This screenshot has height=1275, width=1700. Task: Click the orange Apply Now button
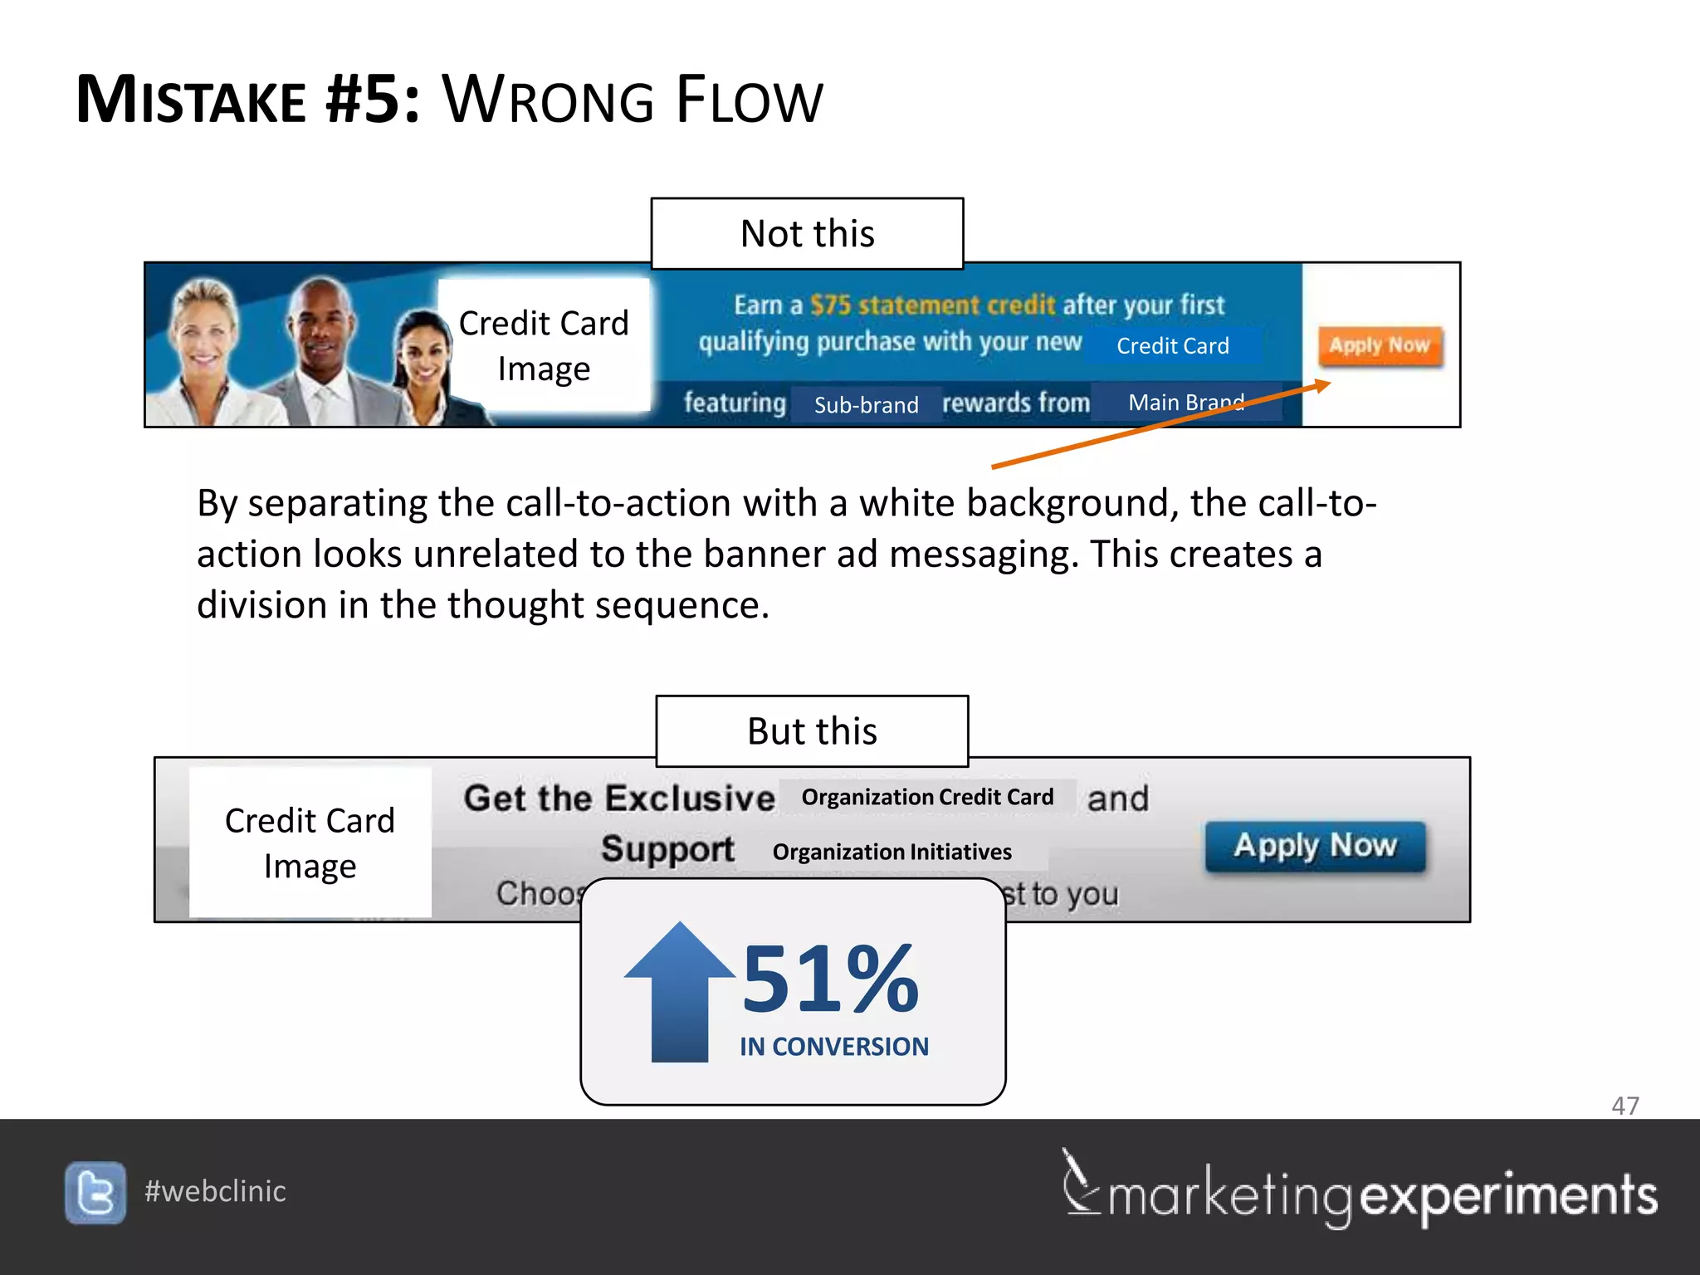pos(1380,345)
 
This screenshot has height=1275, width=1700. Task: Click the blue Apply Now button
pos(1315,846)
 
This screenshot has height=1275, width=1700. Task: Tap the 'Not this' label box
pos(807,234)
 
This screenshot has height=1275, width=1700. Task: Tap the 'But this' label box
pos(812,731)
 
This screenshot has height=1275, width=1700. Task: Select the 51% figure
pos(830,979)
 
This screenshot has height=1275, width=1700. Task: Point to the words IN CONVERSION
pos(833,1047)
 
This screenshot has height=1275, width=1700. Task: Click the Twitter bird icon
pos(95,1192)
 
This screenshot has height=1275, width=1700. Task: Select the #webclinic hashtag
pos(215,1191)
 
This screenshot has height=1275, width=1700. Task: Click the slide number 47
pos(1624,1106)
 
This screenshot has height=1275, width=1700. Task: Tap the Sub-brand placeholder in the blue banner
pos(866,405)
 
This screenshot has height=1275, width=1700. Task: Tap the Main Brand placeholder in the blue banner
pos(1185,403)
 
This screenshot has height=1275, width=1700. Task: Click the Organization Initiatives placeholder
pos(892,852)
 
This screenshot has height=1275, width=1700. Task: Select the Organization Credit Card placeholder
pos(927,797)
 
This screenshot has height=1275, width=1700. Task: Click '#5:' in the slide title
pos(373,100)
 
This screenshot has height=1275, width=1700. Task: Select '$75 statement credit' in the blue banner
pos(931,305)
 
